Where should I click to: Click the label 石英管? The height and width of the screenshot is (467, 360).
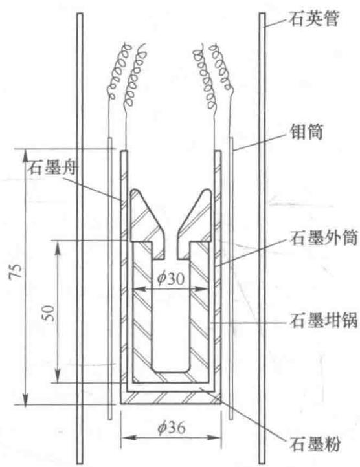(x=313, y=19)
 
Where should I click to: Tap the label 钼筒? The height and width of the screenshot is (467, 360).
(x=307, y=131)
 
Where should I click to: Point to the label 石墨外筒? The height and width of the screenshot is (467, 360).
(x=323, y=238)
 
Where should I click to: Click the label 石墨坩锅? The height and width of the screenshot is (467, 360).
(x=323, y=320)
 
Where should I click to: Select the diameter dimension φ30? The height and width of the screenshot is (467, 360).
(x=171, y=279)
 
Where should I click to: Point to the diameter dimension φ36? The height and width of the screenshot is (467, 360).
(x=172, y=428)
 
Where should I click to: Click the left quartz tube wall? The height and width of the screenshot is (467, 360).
(x=80, y=238)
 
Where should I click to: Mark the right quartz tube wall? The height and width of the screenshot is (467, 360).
(x=262, y=238)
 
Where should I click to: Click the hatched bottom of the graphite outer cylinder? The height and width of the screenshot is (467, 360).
(x=170, y=398)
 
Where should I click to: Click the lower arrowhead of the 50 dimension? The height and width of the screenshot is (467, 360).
(x=58, y=376)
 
